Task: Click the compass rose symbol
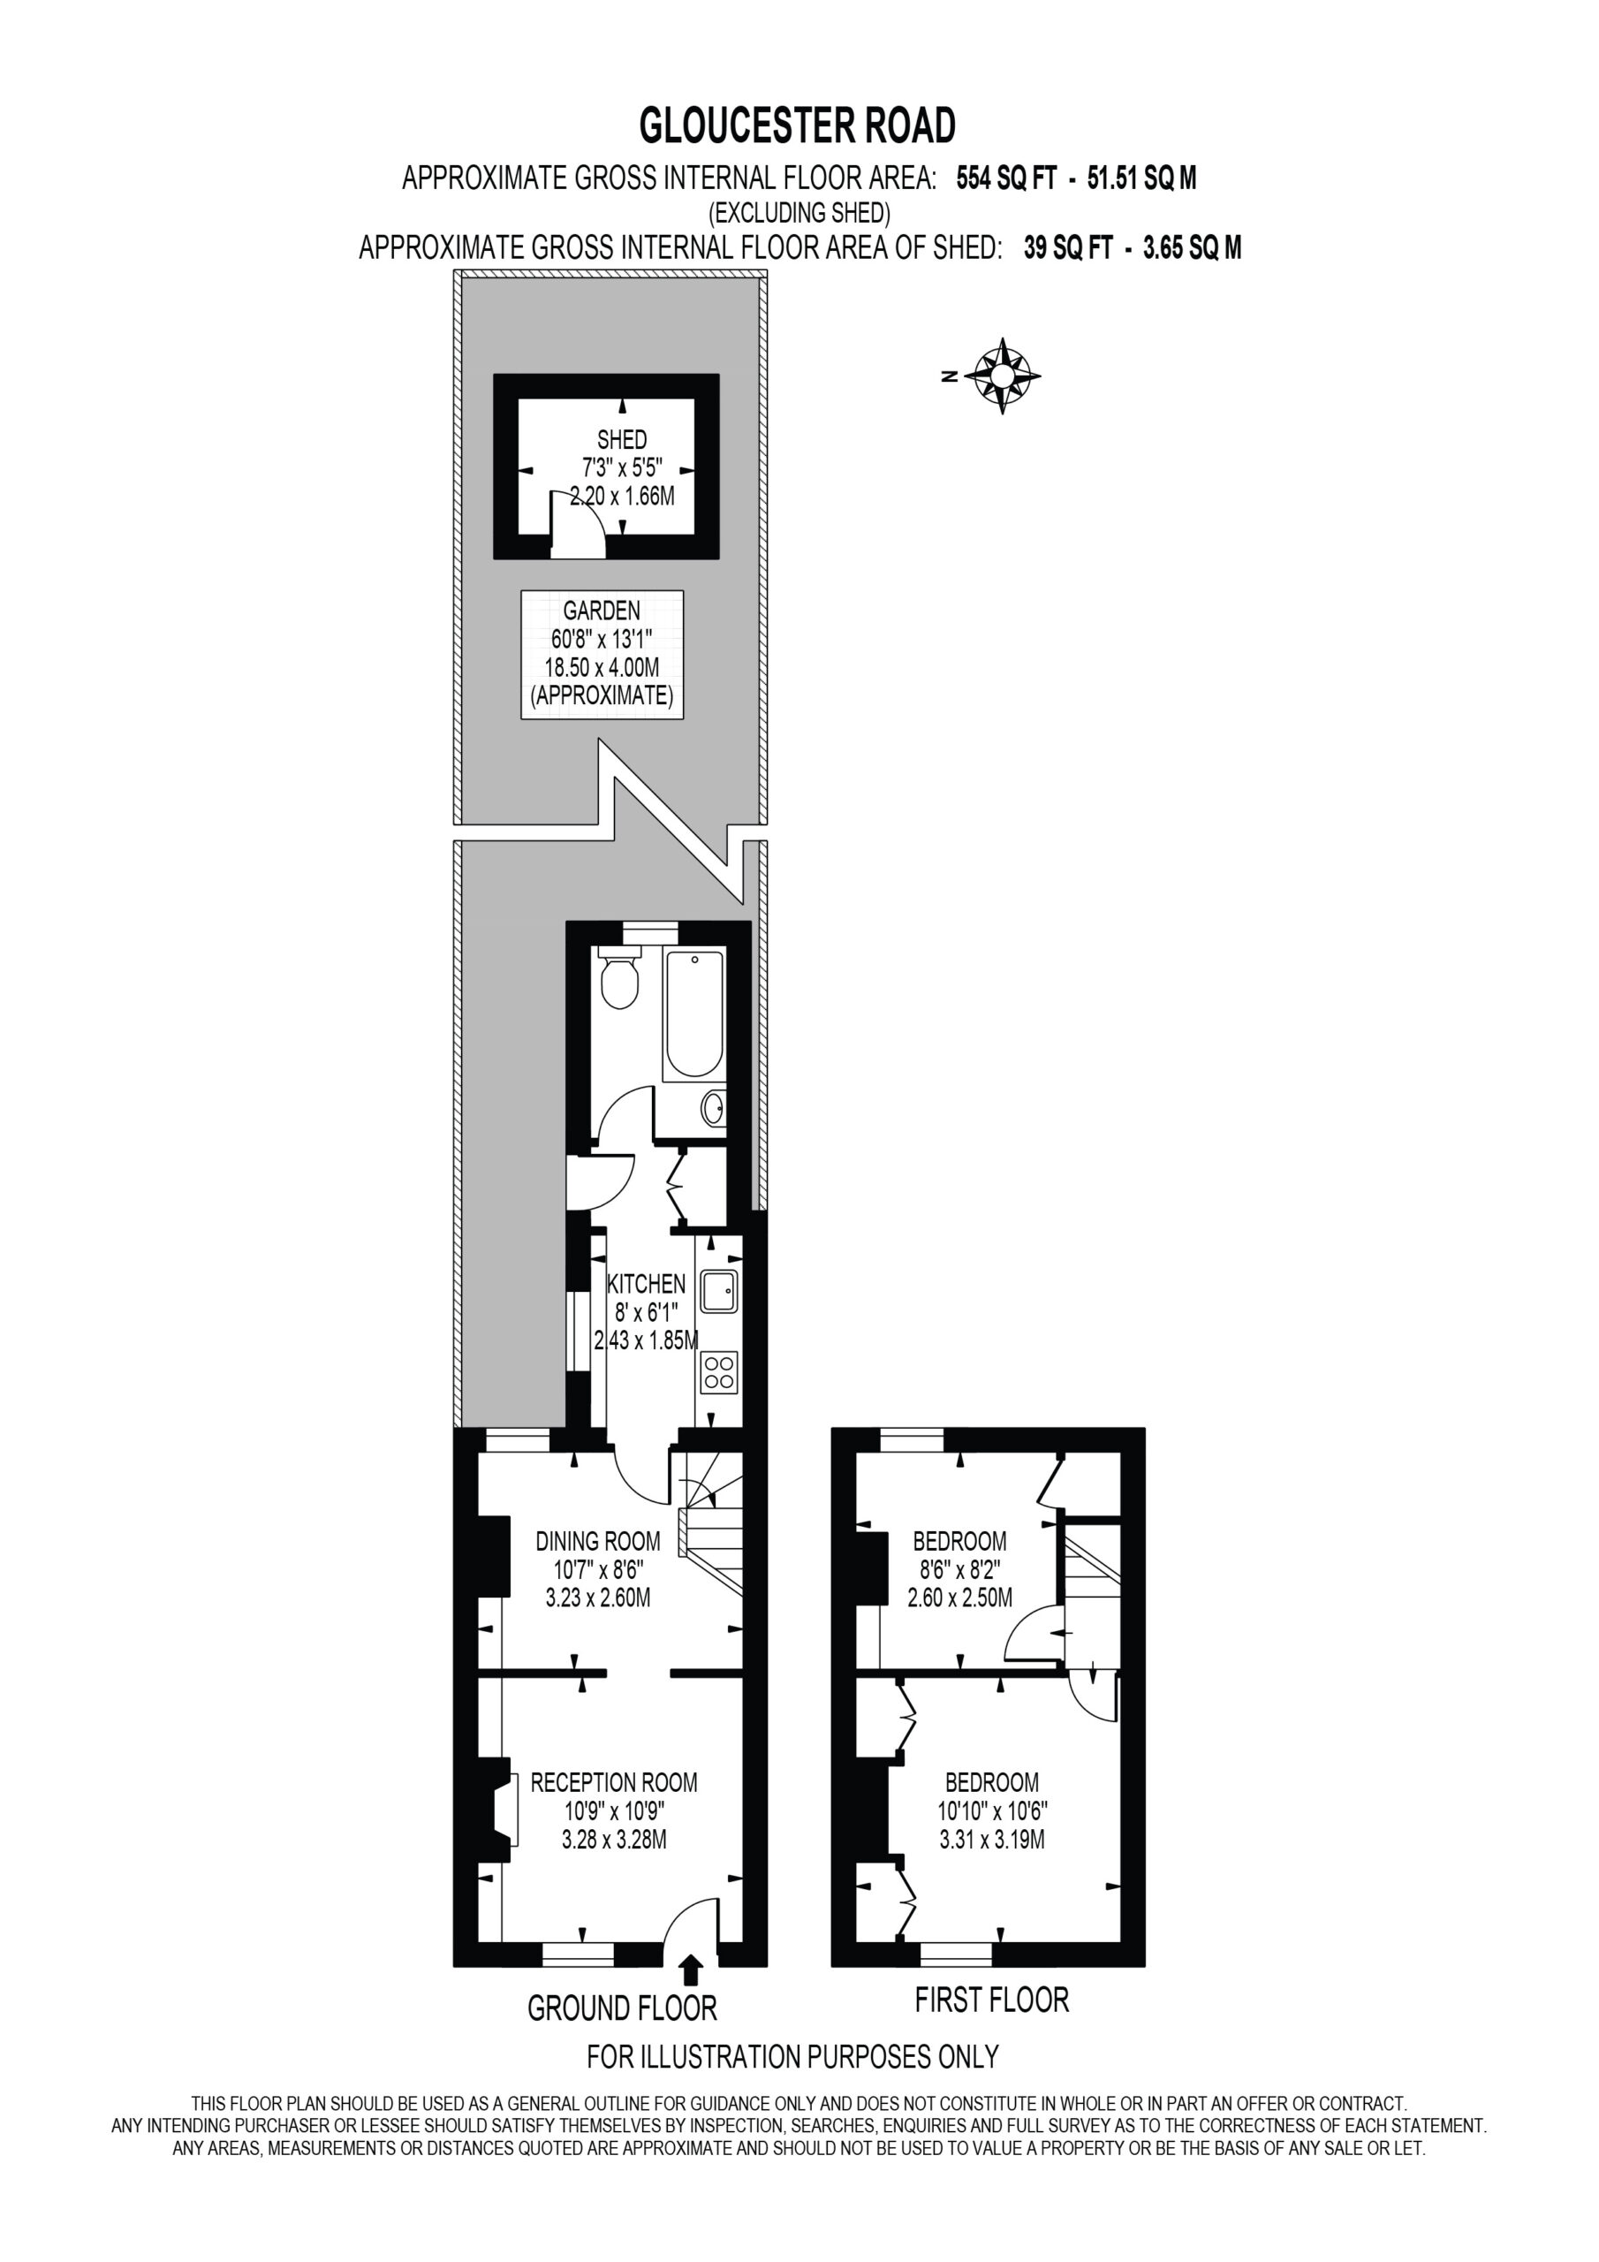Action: coord(1002,376)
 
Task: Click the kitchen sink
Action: coord(718,1291)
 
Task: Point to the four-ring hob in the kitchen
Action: coord(718,1372)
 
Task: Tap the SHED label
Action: coord(622,439)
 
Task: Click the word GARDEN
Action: coord(601,611)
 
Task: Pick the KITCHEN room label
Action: coord(647,1284)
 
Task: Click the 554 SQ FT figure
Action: coord(1007,178)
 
